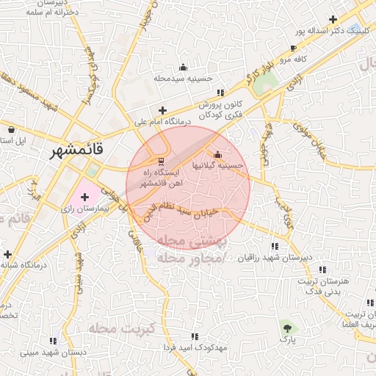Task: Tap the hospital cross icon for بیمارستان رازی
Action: pyautogui.click(x=85, y=197)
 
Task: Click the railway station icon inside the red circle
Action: pyautogui.click(x=162, y=161)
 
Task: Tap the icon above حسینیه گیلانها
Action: pyautogui.click(x=217, y=154)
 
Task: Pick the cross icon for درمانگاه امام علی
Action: pyautogui.click(x=162, y=111)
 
